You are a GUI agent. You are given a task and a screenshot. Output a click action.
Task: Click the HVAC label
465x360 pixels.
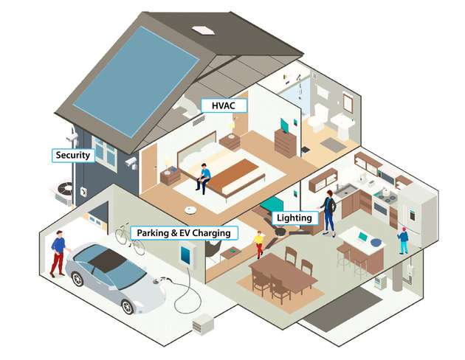point(223,106)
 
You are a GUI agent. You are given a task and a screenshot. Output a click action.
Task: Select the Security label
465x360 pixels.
point(72,155)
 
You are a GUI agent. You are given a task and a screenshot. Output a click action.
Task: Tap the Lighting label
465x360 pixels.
point(296,218)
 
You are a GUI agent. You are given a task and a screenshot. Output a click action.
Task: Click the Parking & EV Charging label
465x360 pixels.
point(185,233)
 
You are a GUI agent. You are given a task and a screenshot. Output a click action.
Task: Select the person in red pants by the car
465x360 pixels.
point(58,253)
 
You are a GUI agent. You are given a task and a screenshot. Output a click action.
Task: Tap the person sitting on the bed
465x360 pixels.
point(203,178)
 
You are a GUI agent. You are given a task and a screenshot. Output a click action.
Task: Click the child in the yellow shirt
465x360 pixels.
point(258,243)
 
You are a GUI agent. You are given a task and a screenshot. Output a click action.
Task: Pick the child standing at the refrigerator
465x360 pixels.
point(403,240)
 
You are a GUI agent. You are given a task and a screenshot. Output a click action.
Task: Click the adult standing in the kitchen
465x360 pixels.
point(328,211)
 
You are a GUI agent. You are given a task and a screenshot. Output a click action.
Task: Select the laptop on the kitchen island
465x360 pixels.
point(363,238)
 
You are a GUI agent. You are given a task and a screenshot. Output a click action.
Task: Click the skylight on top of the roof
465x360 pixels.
point(203,30)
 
